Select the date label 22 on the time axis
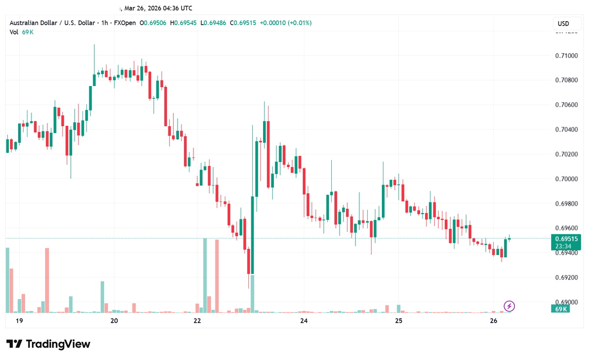click(197, 321)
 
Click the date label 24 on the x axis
click(304, 321)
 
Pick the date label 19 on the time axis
click(19, 321)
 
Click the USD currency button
click(563, 24)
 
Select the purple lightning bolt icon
click(509, 306)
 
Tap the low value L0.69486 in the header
click(213, 23)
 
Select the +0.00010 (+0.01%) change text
click(286, 23)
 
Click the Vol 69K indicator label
click(21, 32)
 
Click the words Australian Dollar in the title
click(34, 23)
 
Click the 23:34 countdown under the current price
click(562, 246)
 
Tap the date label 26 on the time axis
click(494, 321)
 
